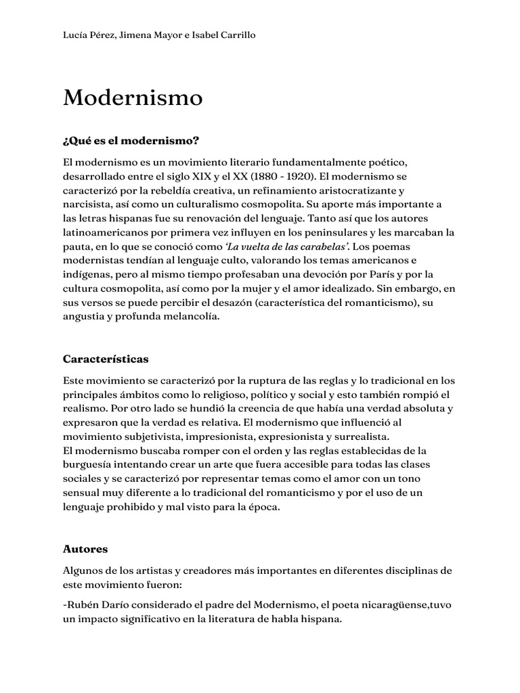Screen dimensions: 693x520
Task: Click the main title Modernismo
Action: (133, 97)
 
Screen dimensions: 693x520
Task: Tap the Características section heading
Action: (106, 358)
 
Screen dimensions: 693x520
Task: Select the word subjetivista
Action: (153, 437)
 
